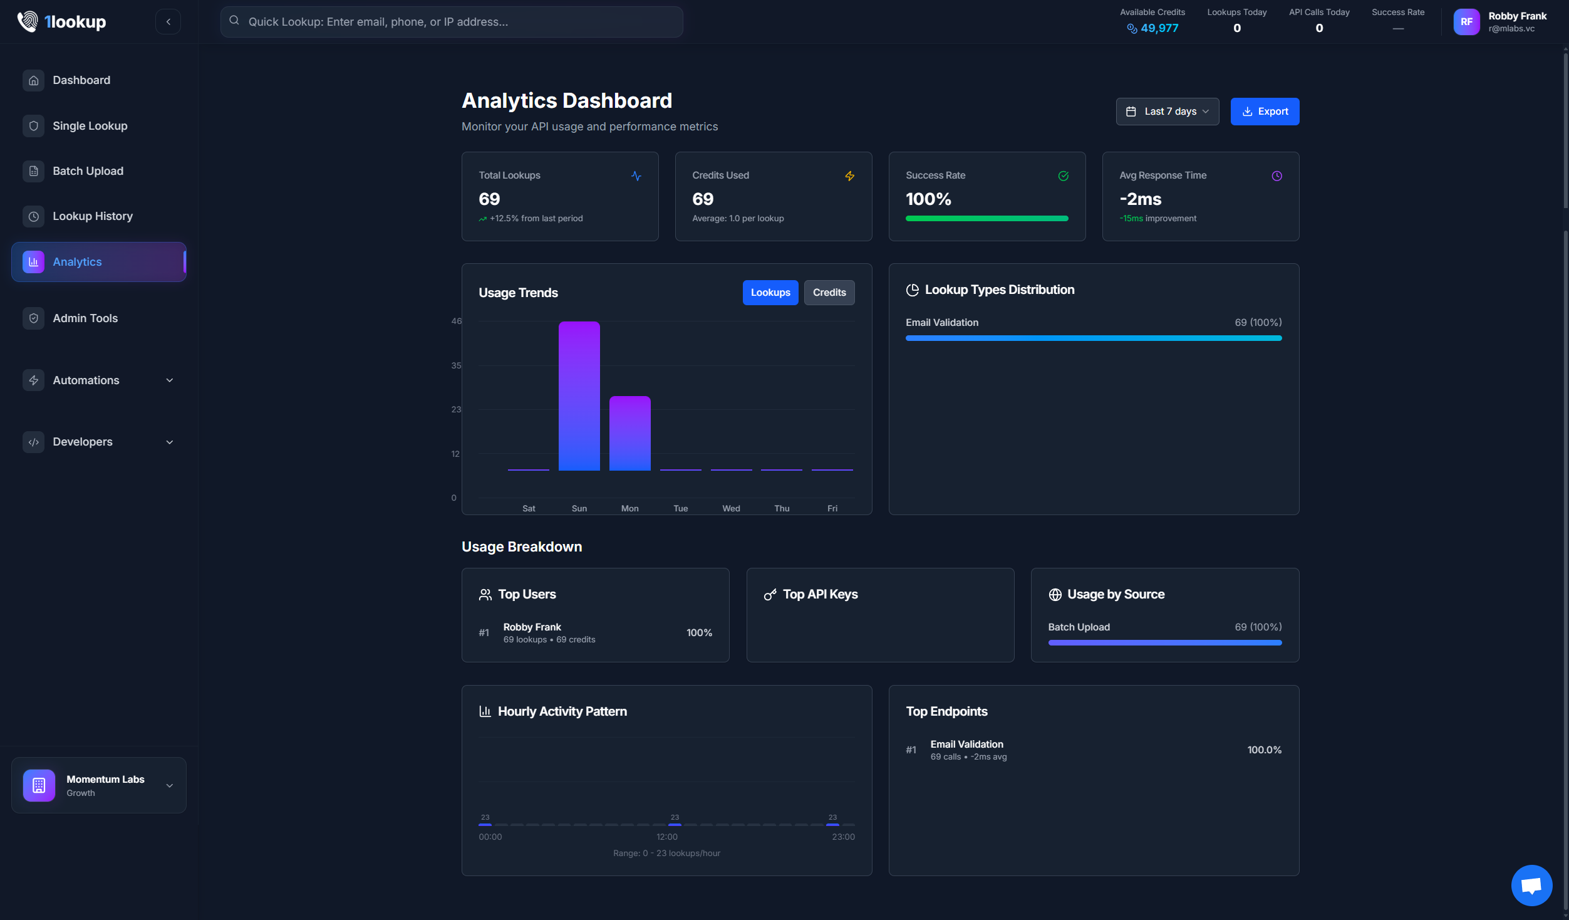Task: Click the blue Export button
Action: click(1264, 112)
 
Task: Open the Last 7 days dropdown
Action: click(1167, 112)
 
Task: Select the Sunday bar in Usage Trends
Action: click(579, 395)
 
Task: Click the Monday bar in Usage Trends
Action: click(629, 433)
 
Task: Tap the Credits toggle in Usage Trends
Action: click(829, 293)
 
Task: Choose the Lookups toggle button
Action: click(770, 293)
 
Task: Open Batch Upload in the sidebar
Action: click(88, 171)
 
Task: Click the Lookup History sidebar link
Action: click(92, 216)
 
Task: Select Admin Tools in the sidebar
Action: click(85, 318)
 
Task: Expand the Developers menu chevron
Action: click(169, 442)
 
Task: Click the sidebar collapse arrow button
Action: click(168, 22)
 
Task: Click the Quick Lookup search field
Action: click(451, 22)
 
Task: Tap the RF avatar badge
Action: click(1466, 22)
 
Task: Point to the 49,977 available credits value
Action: click(1159, 28)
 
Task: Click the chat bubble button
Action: click(1531, 885)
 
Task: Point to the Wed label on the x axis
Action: click(731, 508)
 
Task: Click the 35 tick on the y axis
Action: click(456, 365)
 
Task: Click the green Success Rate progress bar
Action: click(986, 219)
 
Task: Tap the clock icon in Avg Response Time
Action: click(1276, 176)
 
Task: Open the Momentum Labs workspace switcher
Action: click(99, 785)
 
